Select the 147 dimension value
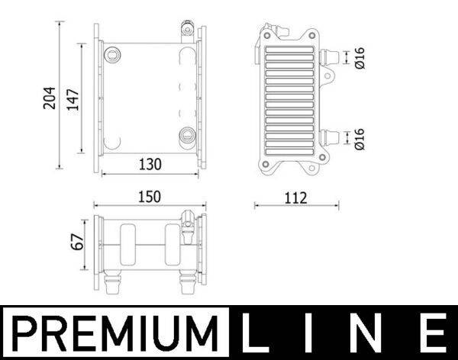click(x=73, y=97)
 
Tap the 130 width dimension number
click(x=149, y=163)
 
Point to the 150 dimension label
click(x=149, y=196)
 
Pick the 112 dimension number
click(x=295, y=198)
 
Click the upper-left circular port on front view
click(x=114, y=54)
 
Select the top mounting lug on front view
click(x=184, y=31)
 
